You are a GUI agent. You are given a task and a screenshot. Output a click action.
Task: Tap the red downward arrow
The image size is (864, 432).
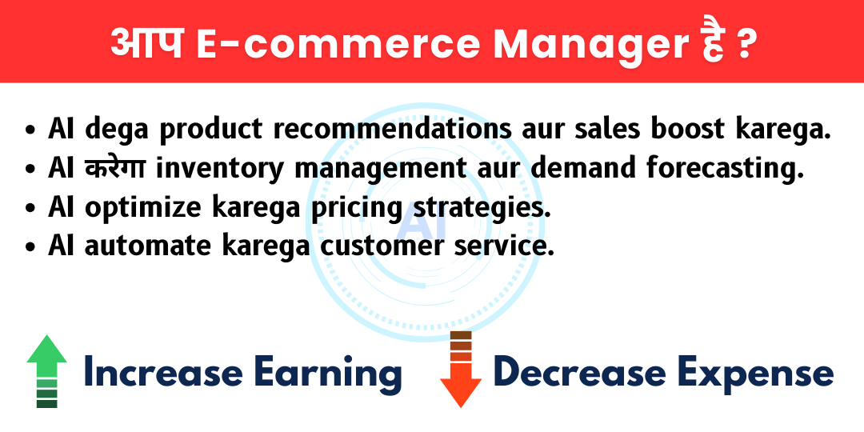(x=461, y=368)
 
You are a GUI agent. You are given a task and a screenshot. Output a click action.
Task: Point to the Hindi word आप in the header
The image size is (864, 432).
(x=147, y=43)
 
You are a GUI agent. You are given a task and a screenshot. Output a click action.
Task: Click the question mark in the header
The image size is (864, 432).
(x=744, y=45)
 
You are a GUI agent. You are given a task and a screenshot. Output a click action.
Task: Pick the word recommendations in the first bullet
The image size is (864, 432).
(x=392, y=130)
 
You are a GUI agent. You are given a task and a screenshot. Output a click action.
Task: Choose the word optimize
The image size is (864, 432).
(x=147, y=208)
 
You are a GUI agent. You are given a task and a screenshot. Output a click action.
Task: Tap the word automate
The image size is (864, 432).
(x=148, y=246)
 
